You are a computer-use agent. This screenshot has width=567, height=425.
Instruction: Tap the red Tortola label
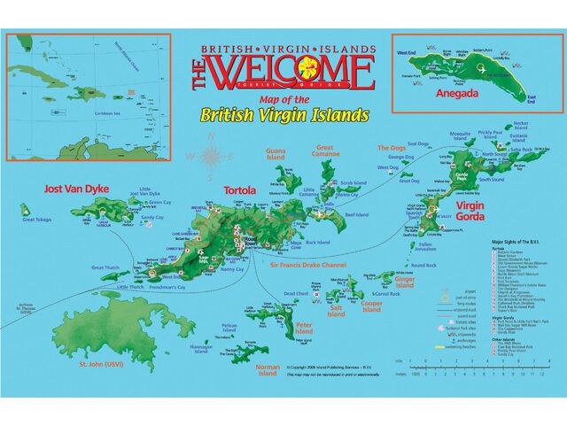pos(239,190)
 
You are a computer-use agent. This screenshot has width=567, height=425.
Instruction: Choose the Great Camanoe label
pos(324,151)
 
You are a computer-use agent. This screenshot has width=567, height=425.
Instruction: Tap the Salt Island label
pos(337,312)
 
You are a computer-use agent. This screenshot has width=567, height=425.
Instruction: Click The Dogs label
pos(391,148)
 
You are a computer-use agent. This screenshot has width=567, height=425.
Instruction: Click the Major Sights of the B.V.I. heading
pos(521,241)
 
